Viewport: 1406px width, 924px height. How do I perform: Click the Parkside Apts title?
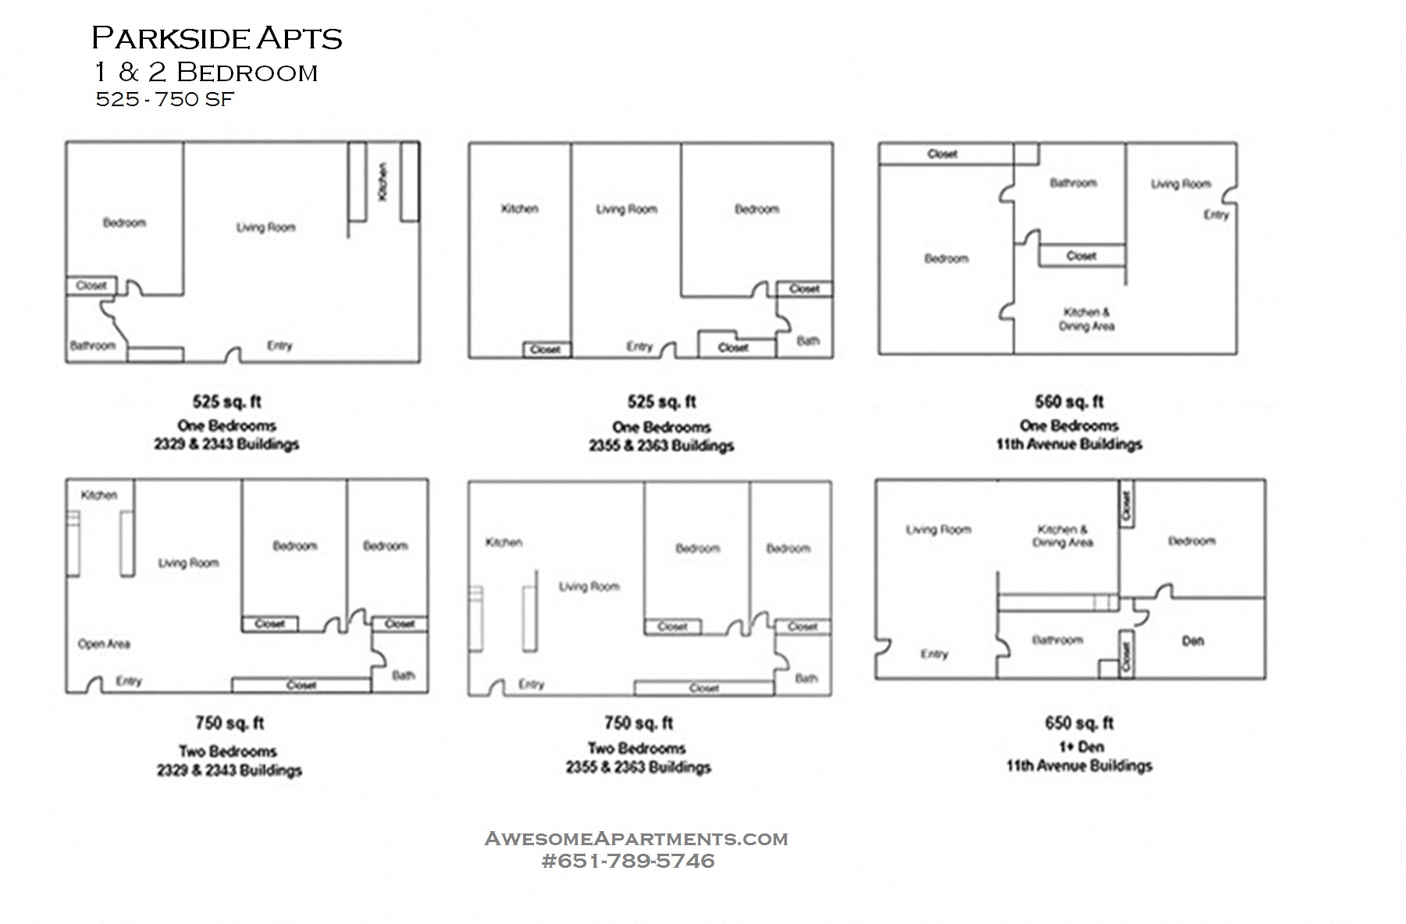(x=217, y=38)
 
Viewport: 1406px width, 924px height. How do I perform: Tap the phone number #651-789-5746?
(x=628, y=861)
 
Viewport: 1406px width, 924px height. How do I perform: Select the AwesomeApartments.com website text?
(x=636, y=839)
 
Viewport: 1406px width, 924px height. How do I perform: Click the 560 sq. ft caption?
(x=1069, y=402)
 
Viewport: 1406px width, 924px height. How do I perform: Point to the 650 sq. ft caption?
(x=1079, y=723)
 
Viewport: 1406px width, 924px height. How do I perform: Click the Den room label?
(x=1192, y=641)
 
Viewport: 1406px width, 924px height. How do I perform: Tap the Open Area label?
(x=104, y=645)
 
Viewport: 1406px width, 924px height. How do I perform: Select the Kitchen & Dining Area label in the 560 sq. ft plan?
(x=1086, y=319)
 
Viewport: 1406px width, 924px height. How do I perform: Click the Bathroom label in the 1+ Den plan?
(x=1057, y=641)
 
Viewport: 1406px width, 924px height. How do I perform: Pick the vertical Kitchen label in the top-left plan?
(x=383, y=181)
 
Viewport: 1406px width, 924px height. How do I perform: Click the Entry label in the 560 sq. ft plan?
(x=1216, y=215)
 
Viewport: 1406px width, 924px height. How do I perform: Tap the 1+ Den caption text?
(x=1081, y=747)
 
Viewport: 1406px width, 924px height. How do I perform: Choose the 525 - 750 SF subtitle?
(x=165, y=100)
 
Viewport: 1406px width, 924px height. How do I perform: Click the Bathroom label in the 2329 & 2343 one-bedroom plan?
(x=92, y=346)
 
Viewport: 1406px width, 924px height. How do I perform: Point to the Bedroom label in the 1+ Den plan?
(x=1191, y=541)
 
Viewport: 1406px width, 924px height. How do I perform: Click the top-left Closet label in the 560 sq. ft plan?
(x=941, y=155)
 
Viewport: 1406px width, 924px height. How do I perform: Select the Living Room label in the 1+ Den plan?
(x=938, y=530)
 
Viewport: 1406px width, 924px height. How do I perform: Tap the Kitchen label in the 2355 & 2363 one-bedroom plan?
(x=519, y=208)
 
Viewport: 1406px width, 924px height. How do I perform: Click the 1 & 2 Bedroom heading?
(x=206, y=73)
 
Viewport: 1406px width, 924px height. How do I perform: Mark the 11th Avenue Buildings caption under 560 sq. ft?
(x=1068, y=445)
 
